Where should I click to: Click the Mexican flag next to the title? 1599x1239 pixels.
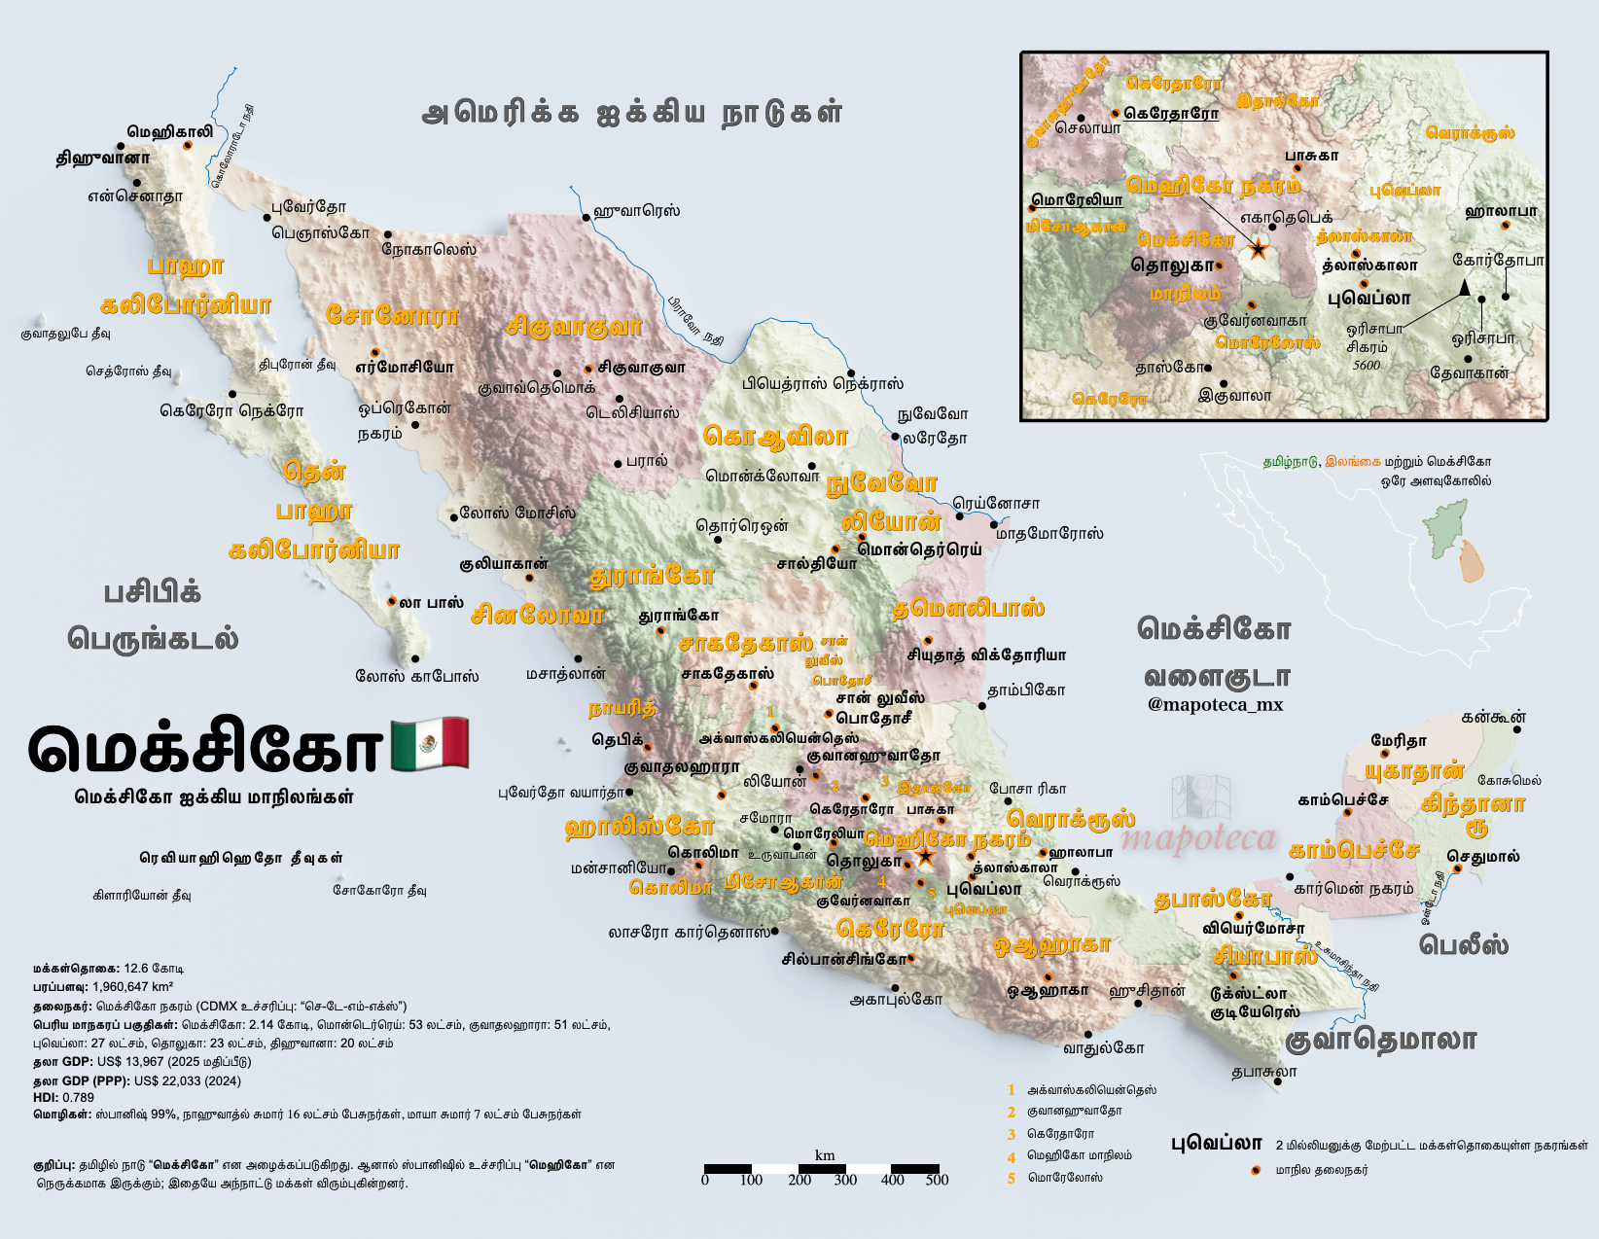(x=430, y=745)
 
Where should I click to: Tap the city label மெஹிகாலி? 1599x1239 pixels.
(x=169, y=131)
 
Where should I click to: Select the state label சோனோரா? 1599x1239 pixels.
(x=392, y=315)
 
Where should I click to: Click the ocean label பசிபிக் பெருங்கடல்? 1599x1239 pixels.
(x=153, y=616)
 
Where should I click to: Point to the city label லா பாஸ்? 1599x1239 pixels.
(x=431, y=603)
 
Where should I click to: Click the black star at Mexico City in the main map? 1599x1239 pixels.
(x=925, y=857)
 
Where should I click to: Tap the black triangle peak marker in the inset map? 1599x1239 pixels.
(x=1464, y=287)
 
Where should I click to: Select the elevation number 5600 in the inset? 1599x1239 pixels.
(x=1367, y=366)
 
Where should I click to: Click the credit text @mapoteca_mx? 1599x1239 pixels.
(x=1215, y=705)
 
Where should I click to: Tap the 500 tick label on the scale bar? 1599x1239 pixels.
(x=937, y=1181)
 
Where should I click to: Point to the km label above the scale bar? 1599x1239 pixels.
(x=825, y=1155)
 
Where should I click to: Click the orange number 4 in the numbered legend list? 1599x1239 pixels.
(x=1012, y=1156)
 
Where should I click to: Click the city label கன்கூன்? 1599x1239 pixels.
(x=1493, y=718)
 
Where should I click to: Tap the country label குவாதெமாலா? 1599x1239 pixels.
(x=1380, y=1040)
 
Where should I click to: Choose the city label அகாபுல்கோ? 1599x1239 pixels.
(x=896, y=999)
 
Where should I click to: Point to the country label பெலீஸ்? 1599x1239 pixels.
(x=1464, y=944)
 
